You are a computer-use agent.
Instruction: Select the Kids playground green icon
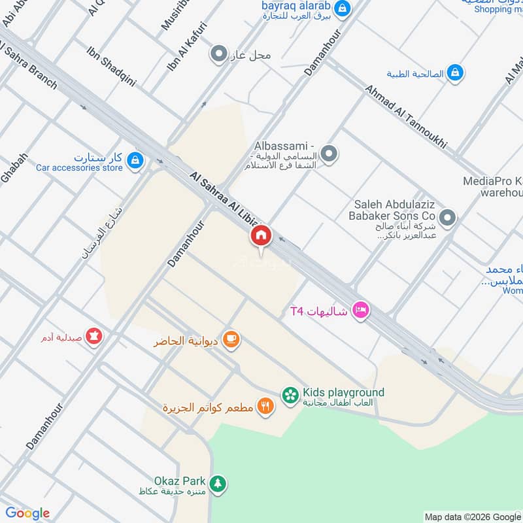290,394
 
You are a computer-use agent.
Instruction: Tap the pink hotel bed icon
359,311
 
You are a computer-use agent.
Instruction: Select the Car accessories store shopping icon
135,160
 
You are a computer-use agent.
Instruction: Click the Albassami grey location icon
329,154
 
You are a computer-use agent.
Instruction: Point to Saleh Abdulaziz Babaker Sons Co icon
447,217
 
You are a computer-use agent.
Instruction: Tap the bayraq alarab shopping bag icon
341,8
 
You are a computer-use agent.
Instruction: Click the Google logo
27,513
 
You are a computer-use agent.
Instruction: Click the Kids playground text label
343,392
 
